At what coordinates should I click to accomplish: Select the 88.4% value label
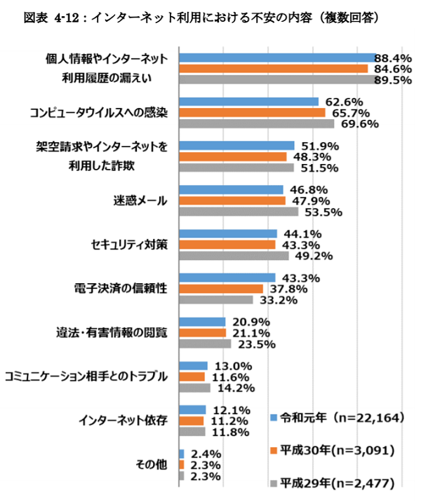click(x=393, y=57)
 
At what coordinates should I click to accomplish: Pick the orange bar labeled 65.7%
click(x=252, y=112)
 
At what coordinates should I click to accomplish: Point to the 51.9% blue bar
click(x=236, y=145)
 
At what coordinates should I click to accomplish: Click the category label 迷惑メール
click(x=140, y=200)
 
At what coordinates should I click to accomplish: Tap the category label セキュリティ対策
click(x=129, y=245)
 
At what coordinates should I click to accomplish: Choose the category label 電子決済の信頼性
click(x=121, y=289)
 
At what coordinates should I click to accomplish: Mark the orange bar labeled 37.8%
click(x=221, y=289)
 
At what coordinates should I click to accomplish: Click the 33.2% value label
click(x=276, y=300)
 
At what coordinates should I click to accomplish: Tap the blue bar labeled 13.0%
click(x=194, y=365)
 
